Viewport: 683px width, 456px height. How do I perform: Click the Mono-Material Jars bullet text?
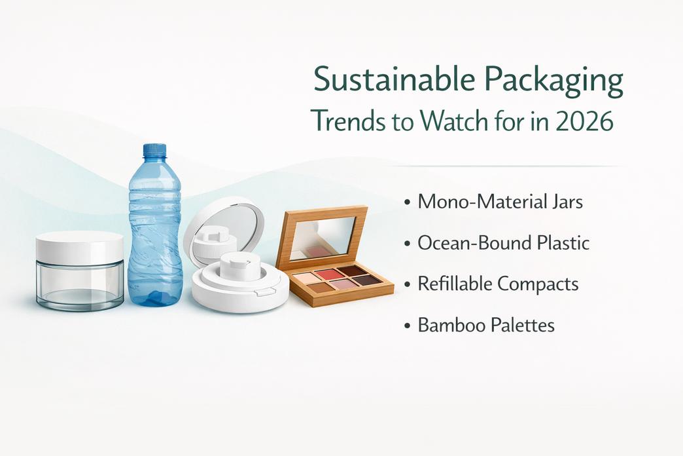coord(500,201)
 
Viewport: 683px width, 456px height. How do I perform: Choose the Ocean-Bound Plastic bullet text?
coord(504,243)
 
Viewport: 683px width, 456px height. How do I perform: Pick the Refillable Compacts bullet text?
coord(498,284)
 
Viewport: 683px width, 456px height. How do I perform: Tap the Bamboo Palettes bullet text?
coord(486,325)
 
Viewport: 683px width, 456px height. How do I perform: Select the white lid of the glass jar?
coord(80,246)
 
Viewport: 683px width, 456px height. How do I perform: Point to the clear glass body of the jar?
coord(80,285)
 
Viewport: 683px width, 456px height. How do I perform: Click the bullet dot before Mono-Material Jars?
coord(408,202)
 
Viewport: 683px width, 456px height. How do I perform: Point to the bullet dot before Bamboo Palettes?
coord(408,326)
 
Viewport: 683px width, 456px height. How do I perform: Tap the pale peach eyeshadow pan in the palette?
coord(307,278)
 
